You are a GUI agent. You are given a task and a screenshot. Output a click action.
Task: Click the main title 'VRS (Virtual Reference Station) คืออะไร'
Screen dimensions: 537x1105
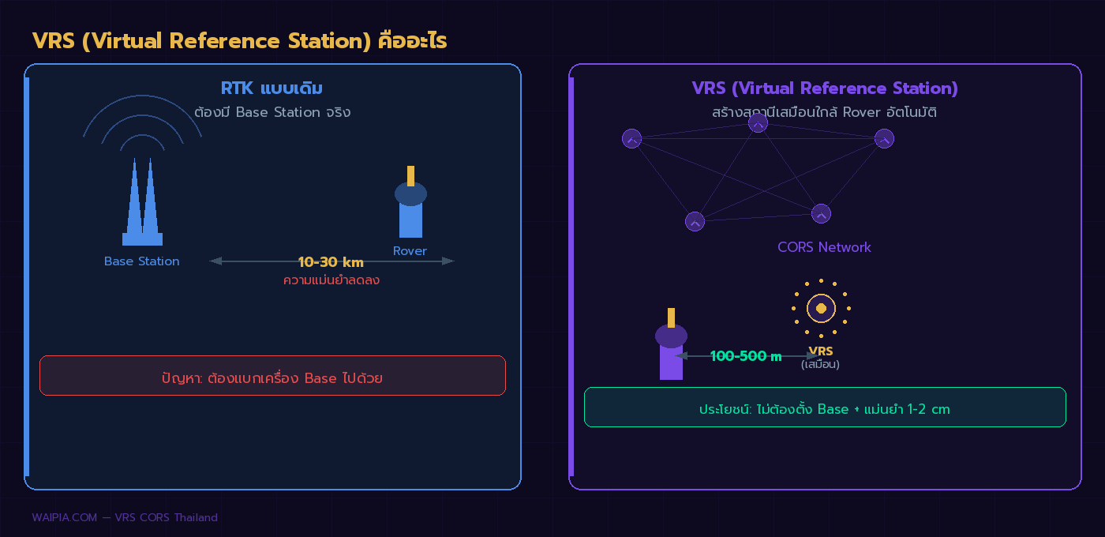tap(239, 41)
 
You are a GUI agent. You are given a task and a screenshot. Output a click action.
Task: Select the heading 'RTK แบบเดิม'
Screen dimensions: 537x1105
tap(272, 88)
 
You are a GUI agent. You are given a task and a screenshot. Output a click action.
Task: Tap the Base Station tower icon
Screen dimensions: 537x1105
tap(142, 205)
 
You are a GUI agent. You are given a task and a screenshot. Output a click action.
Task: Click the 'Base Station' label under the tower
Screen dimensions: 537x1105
tap(142, 261)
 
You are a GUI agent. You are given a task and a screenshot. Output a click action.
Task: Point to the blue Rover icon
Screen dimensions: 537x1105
tap(410, 207)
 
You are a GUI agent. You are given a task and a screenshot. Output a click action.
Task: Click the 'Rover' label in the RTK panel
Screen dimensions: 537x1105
tap(410, 251)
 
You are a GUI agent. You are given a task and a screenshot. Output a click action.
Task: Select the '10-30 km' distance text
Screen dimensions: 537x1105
tap(331, 262)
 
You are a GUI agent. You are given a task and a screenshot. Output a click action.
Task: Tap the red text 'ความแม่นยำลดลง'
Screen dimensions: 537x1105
tap(331, 280)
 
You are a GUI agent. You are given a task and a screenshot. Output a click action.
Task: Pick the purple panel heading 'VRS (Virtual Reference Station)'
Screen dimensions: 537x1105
tap(825, 88)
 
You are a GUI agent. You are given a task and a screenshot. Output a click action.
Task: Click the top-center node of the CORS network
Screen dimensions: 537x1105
tap(758, 122)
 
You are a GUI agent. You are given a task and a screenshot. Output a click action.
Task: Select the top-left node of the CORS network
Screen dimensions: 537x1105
tap(631, 139)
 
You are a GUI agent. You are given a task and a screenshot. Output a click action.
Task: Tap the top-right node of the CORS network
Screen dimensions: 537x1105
tap(884, 139)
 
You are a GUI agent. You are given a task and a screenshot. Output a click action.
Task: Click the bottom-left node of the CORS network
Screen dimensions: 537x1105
tap(695, 222)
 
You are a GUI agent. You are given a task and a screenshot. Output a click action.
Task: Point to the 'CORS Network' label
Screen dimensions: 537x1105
tap(824, 247)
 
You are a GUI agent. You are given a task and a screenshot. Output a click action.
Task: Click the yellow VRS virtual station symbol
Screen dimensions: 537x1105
tap(821, 308)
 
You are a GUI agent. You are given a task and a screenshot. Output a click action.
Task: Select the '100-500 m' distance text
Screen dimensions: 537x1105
tap(746, 356)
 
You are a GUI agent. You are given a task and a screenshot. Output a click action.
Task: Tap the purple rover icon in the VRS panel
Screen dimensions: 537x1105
tap(671, 347)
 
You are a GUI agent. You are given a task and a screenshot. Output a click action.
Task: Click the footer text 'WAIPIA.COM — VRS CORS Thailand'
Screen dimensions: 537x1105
tap(125, 518)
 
